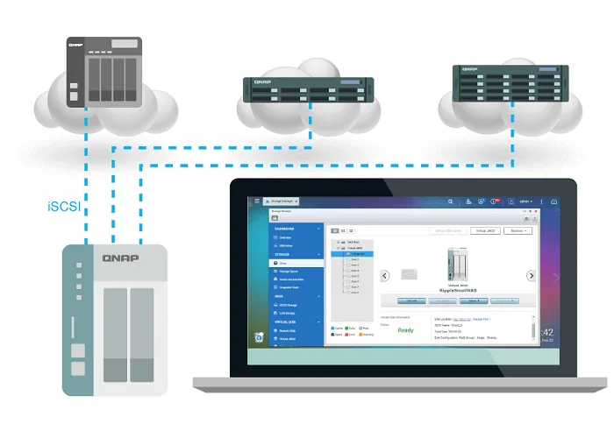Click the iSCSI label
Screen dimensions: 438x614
tap(63, 208)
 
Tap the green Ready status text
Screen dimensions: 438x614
tap(405, 330)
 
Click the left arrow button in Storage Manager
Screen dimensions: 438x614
tap(384, 275)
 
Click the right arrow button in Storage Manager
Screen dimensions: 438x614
tap(531, 275)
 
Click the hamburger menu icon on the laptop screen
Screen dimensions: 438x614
tap(256, 201)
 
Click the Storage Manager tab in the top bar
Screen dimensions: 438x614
tap(286, 201)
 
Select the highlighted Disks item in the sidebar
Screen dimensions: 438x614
tap(286, 262)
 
